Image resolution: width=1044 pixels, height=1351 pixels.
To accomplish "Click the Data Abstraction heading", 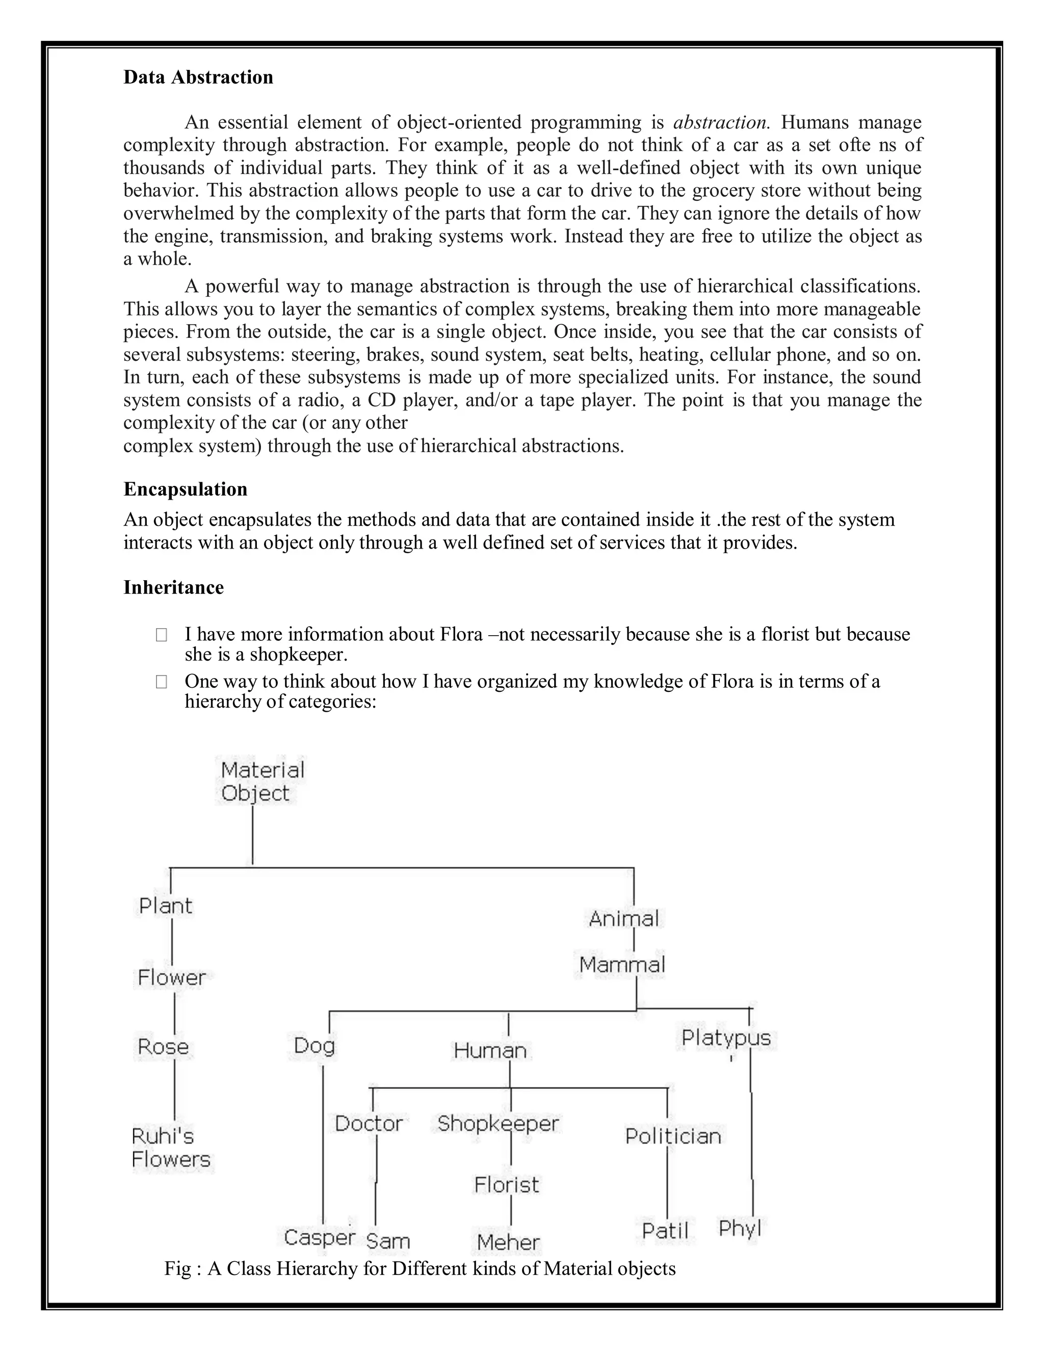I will (x=198, y=77).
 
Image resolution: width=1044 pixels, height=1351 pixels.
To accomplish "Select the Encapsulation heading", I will (x=185, y=489).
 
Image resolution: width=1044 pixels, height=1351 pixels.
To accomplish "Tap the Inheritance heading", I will (x=173, y=587).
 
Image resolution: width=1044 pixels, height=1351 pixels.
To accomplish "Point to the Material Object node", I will (x=262, y=781).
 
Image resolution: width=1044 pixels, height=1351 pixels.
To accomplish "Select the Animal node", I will (x=623, y=919).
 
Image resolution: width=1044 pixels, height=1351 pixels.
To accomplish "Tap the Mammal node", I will (x=621, y=965).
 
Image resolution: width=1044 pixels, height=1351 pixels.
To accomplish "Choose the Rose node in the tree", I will (x=163, y=1047).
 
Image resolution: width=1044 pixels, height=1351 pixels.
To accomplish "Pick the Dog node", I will (x=314, y=1046).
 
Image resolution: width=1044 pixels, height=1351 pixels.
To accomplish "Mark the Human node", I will (x=490, y=1050).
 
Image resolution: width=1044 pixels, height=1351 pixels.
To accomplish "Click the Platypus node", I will (x=725, y=1038).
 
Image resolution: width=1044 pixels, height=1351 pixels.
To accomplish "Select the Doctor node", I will (x=369, y=1123).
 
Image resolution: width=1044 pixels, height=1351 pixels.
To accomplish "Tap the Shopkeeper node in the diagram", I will (x=498, y=1123).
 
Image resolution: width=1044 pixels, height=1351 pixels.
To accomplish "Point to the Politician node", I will (x=673, y=1136).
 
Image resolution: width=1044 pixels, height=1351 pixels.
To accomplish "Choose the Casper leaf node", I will (x=319, y=1237).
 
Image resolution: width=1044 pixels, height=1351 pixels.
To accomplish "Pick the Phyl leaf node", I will (x=740, y=1228).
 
